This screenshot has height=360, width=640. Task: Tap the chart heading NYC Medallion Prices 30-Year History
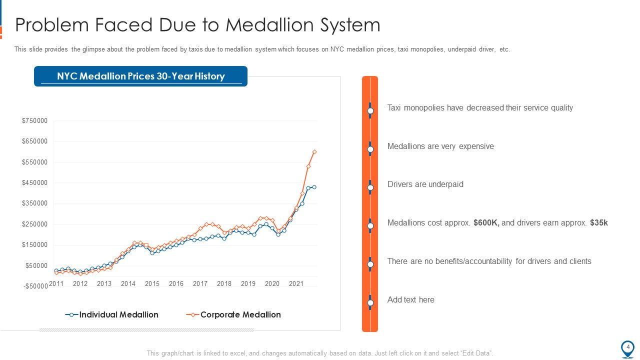[140, 76]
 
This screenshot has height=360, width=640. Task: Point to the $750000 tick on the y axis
[34, 120]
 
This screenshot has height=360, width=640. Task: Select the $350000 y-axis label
[34, 203]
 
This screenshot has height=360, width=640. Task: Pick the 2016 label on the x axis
[176, 283]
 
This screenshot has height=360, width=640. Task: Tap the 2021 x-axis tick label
[296, 283]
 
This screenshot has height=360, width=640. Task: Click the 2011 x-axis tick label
[56, 283]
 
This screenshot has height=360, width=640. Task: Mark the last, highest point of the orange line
[314, 151]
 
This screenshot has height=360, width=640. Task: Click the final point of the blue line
[314, 187]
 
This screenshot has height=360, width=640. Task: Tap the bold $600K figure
[486, 223]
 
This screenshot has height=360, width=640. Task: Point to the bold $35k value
[598, 223]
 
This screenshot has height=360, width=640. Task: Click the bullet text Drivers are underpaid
[425, 184]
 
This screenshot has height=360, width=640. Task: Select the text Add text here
[410, 300]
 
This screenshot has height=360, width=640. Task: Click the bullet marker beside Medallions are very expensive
[370, 149]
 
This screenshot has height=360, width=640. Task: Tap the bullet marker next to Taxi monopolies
[370, 110]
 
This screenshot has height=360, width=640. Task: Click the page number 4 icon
[627, 347]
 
